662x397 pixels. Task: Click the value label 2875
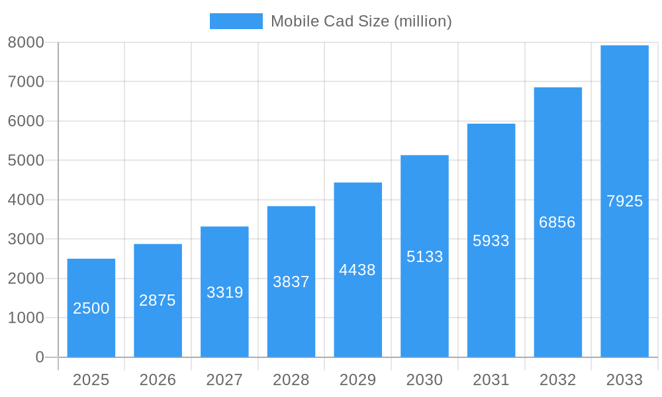158,300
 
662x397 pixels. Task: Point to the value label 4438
357,270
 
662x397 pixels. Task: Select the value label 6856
557,222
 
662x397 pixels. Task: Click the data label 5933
491,241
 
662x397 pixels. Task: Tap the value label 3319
225,292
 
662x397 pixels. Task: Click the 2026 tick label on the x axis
158,380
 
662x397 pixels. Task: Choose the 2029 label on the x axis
357,380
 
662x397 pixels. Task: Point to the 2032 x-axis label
557,380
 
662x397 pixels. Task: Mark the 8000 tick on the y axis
26,42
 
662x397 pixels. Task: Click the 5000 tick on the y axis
26,160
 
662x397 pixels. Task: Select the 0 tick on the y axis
39,357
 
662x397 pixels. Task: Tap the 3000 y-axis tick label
26,239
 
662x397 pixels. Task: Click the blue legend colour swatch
236,21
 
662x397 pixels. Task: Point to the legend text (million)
423,21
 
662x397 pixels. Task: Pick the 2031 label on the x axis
491,380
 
